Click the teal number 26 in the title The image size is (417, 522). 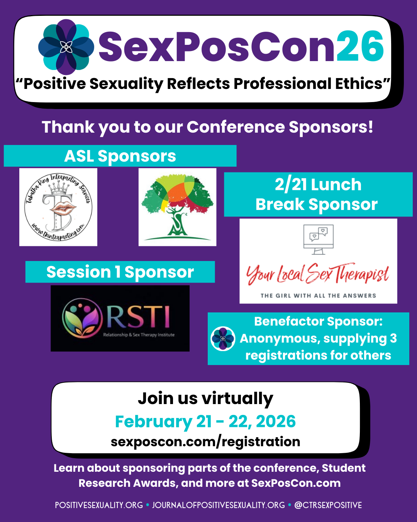point(360,46)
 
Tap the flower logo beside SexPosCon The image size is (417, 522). point(66,47)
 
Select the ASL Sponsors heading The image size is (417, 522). point(120,156)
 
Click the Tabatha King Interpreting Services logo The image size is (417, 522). point(58,207)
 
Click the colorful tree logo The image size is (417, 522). point(177,207)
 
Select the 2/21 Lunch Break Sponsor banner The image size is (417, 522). point(318,194)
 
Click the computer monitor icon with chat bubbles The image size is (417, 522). point(319,239)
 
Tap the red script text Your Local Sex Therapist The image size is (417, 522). point(318,273)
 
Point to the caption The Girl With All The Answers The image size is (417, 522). point(318,295)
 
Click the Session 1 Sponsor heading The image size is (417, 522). point(120,272)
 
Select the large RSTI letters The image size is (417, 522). point(138,317)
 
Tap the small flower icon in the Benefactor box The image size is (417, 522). point(223,339)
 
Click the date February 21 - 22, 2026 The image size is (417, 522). point(205,421)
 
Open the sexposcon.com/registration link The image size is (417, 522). point(205,442)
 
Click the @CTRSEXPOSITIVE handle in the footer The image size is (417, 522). point(328,505)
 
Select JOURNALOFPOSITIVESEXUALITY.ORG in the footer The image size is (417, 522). point(219,505)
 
